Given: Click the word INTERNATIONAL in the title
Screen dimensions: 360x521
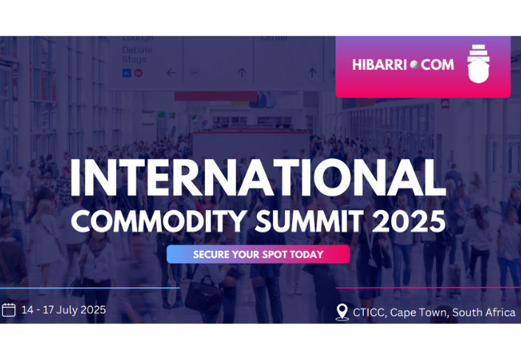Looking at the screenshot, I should pos(258,179).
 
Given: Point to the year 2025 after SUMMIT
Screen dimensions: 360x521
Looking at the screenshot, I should pos(410,221).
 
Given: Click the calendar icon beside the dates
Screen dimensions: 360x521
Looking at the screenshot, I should pos(9,310).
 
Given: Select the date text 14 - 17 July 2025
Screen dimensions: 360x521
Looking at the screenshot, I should pos(63,310).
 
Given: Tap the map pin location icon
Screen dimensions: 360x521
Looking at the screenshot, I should pos(342,312).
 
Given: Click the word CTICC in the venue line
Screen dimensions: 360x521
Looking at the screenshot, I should pos(368,313).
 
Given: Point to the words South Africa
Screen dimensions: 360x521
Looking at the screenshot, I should pos(484,313).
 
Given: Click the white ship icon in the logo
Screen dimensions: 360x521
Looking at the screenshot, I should pos(478,64).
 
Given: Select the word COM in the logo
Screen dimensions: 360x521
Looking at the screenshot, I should pos(438,65).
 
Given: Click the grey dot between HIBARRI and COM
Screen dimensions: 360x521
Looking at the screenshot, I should pos(414,65).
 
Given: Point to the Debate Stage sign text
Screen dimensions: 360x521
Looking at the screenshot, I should pos(137,55).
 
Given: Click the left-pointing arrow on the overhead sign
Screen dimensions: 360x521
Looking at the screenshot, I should pos(171,73).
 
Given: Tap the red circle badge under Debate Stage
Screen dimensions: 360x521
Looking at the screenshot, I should pos(138,73).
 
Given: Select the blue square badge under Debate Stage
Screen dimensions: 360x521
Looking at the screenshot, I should pos(126,73).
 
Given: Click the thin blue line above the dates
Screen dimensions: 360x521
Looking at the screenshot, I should pos(89,288).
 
